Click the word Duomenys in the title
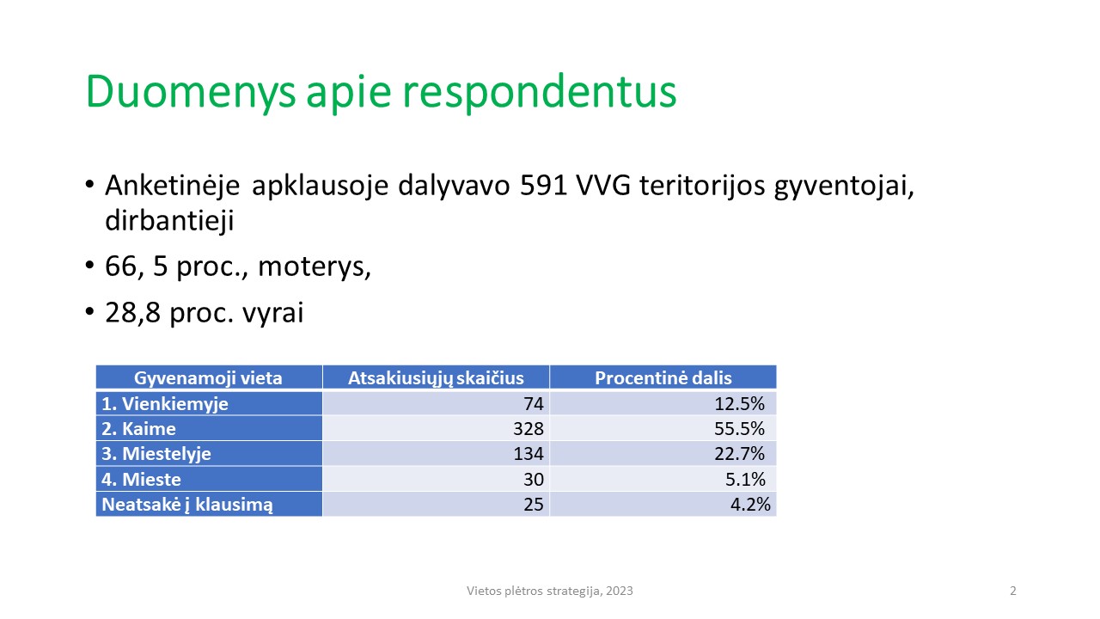click(191, 91)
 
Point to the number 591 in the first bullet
click(542, 186)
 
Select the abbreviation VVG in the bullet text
click(603, 186)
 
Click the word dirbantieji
click(169, 220)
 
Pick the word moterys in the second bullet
click(315, 267)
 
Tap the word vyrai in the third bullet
click(273, 313)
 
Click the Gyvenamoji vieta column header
click(208, 378)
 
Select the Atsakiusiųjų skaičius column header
click(436, 378)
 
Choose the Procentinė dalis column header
click(663, 377)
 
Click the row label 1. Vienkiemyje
click(165, 404)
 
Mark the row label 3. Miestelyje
click(156, 454)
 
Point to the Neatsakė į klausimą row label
click(187, 505)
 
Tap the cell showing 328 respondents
click(529, 429)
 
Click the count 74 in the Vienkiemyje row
click(534, 404)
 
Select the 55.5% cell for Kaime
click(739, 429)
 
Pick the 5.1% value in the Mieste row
click(745, 480)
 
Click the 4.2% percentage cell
click(750, 505)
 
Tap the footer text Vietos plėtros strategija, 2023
click(549, 591)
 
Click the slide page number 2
click(1013, 591)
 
